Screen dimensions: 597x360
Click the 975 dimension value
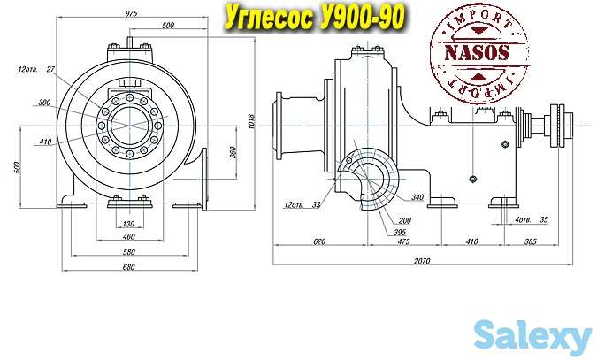point(131,14)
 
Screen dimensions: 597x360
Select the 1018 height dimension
point(251,121)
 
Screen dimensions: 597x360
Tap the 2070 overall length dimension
point(422,261)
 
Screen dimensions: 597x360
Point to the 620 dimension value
point(319,241)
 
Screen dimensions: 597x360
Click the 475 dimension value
point(403,241)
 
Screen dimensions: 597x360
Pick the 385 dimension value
point(531,241)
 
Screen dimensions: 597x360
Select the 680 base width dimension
point(129,267)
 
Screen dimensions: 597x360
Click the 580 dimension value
point(129,252)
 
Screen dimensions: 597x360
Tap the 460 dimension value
point(129,236)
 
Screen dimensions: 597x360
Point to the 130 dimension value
point(129,224)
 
